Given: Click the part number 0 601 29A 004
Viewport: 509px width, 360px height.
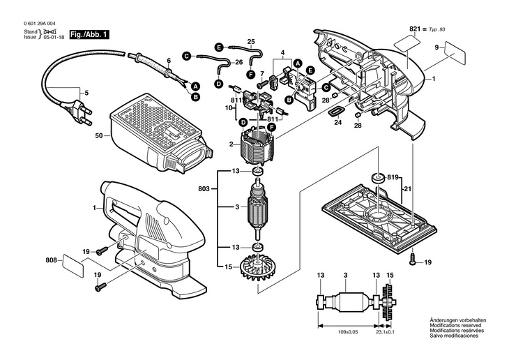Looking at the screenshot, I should pyautogui.click(x=43, y=22).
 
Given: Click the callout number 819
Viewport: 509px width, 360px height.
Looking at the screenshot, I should pyautogui.click(x=395, y=178).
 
